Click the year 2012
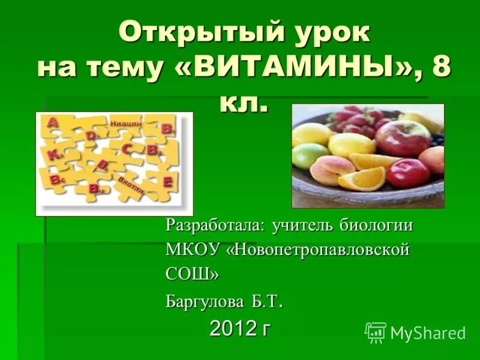click(232, 328)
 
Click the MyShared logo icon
click(376, 332)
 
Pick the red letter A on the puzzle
click(53, 122)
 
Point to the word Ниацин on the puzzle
click(125, 123)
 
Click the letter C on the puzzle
click(127, 148)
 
